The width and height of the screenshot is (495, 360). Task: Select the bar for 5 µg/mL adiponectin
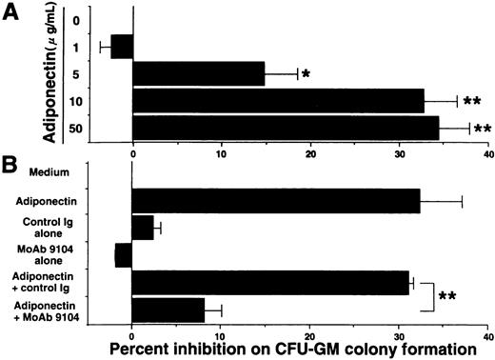[199, 73]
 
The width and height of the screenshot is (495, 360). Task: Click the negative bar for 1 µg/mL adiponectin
[122, 46]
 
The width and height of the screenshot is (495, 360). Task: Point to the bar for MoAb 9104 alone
[124, 254]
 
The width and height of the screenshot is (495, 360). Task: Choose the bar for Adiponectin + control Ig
[270, 282]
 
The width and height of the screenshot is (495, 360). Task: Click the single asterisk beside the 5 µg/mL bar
[306, 74]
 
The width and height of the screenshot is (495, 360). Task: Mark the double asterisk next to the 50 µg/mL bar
[482, 128]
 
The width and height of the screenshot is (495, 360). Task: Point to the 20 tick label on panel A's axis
[310, 152]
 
